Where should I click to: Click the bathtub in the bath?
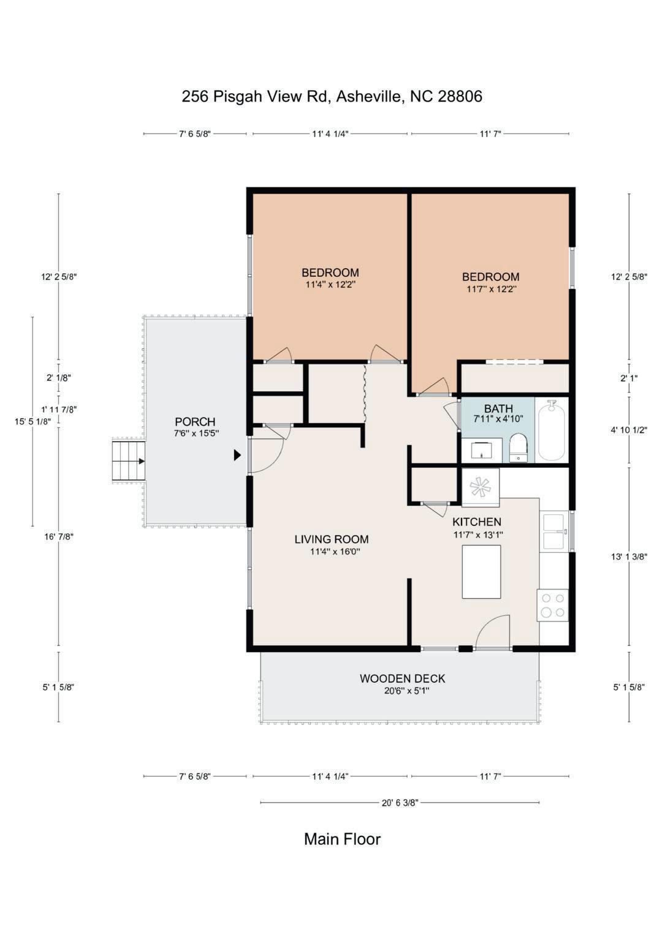552,430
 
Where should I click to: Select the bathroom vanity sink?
481,451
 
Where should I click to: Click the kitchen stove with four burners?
552,605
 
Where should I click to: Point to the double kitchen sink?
555,531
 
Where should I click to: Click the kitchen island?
481,572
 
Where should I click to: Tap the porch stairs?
128,461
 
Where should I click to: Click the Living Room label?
332,539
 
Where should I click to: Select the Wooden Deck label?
403,678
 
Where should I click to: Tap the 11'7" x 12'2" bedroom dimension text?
492,289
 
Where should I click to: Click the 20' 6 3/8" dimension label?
400,803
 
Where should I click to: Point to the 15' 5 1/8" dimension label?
33,422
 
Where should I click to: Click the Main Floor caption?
342,839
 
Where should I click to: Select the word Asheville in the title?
370,96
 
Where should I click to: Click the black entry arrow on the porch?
237,455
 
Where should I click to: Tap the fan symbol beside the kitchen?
480,487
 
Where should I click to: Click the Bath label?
498,408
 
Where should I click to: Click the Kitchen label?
477,522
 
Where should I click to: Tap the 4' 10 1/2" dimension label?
629,430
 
